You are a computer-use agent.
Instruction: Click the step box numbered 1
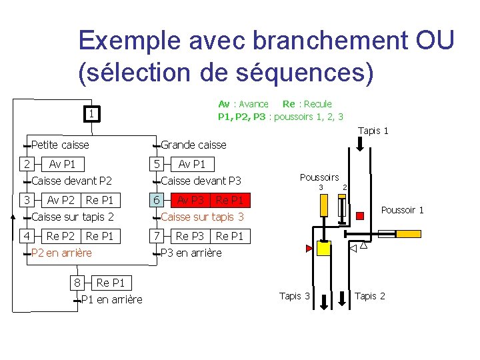[90, 114]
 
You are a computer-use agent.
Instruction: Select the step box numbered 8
[78, 283]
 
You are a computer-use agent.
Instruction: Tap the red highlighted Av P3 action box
[191, 200]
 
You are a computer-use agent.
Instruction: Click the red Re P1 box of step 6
[230, 200]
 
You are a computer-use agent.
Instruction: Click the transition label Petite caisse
[60, 145]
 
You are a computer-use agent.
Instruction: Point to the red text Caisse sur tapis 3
[203, 217]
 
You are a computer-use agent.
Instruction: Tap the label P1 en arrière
[111, 299]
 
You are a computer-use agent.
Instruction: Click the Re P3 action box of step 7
[190, 236]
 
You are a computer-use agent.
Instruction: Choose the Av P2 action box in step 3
[61, 200]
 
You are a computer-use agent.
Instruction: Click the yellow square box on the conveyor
[323, 249]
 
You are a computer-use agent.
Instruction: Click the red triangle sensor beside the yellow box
[309, 249]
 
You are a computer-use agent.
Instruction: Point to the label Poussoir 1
[402, 210]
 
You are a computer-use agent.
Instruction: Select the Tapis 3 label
[294, 296]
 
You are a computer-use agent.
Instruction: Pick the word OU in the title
[434, 41]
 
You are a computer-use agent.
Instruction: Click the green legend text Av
[224, 103]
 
